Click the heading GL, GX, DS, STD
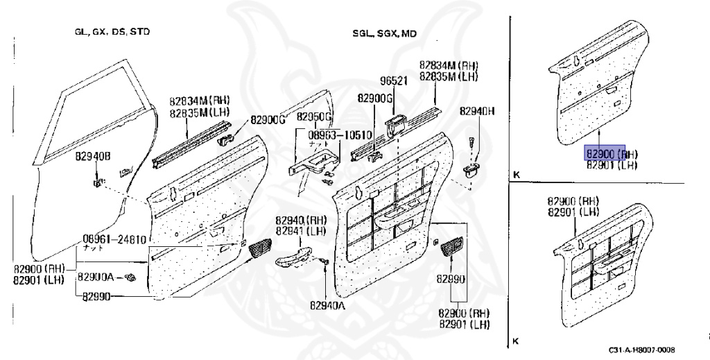112,32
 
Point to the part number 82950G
315,116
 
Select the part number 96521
392,80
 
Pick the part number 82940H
476,111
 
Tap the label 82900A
96,277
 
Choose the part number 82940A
327,304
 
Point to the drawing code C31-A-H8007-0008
642,350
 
